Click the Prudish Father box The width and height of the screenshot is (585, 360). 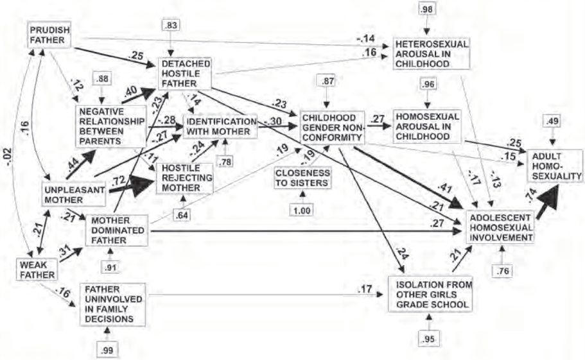[49, 36]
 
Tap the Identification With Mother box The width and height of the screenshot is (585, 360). [220, 126]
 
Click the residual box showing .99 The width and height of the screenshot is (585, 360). [107, 348]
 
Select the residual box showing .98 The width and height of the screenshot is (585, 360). [426, 9]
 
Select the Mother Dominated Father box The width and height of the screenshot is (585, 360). [116, 230]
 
